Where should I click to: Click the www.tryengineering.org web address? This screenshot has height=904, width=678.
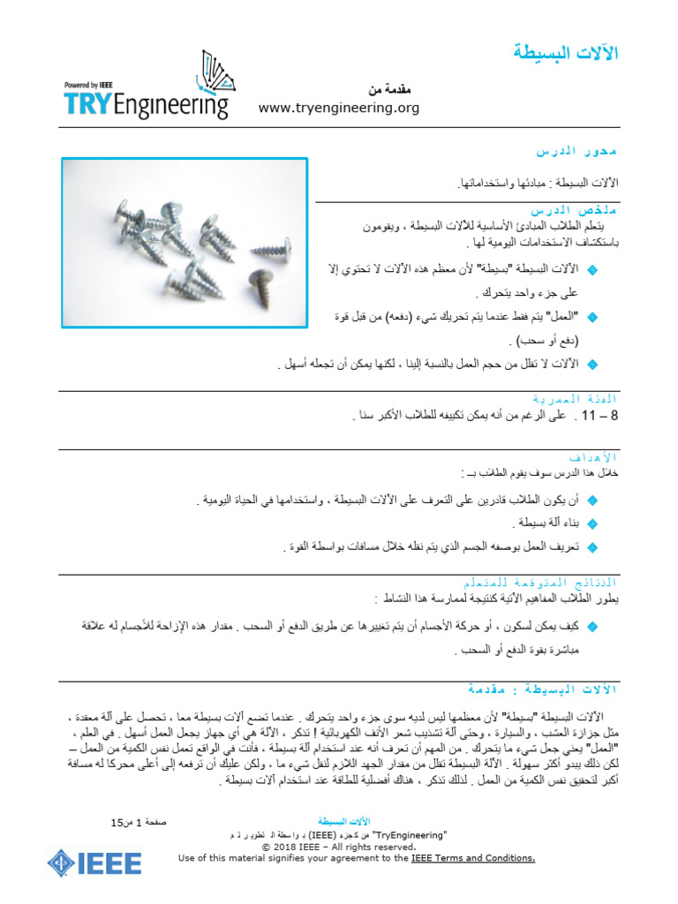pyautogui.click(x=338, y=108)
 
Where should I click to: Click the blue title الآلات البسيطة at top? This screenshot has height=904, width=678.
pyautogui.click(x=566, y=54)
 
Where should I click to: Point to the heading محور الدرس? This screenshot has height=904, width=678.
pyautogui.click(x=579, y=152)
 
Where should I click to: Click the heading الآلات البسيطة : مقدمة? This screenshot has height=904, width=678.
pyautogui.click(x=542, y=689)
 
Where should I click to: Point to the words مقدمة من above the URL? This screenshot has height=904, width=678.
pyautogui.click(x=389, y=90)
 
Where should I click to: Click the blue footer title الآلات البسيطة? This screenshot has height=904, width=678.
pyautogui.click(x=338, y=820)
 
